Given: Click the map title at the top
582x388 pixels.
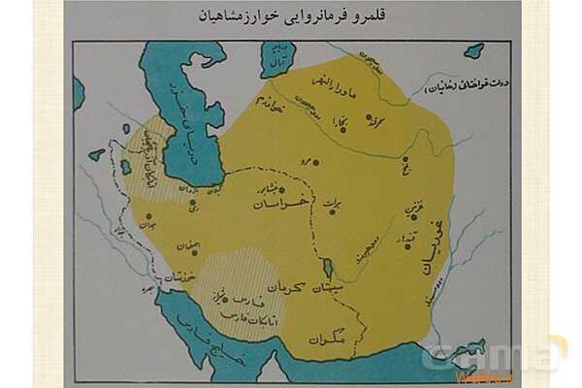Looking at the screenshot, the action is pos(290,16).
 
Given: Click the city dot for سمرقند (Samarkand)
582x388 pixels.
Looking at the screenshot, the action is pos(369,120).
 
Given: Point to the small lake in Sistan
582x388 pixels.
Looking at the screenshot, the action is pos(327,267).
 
